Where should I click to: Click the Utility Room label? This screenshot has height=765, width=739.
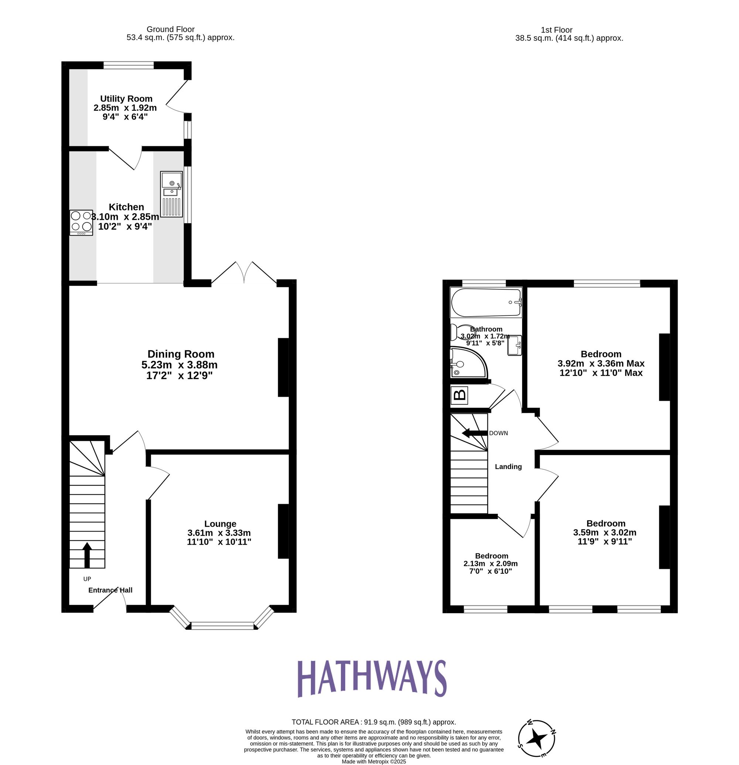coord(126,99)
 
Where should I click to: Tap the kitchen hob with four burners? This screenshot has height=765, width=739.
coord(81,222)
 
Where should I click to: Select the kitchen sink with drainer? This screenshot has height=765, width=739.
coord(171,194)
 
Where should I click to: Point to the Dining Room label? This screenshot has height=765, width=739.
coord(181,354)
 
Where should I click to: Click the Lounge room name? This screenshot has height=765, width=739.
coord(220,524)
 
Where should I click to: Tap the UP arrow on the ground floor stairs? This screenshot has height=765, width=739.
coord(87,555)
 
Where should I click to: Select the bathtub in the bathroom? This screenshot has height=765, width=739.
coord(486,303)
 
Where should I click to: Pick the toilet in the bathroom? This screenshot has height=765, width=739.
coord(458,332)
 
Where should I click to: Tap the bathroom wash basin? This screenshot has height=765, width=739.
coord(514,345)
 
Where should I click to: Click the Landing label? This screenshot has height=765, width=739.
coord(508,467)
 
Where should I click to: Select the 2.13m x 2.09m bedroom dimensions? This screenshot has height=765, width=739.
coord(490,564)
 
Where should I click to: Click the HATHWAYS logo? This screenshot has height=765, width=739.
coord(372,678)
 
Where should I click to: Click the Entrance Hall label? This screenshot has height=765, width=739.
coord(110,590)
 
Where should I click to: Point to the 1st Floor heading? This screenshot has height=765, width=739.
coord(556,30)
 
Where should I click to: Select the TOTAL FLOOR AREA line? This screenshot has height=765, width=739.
coord(374,722)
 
